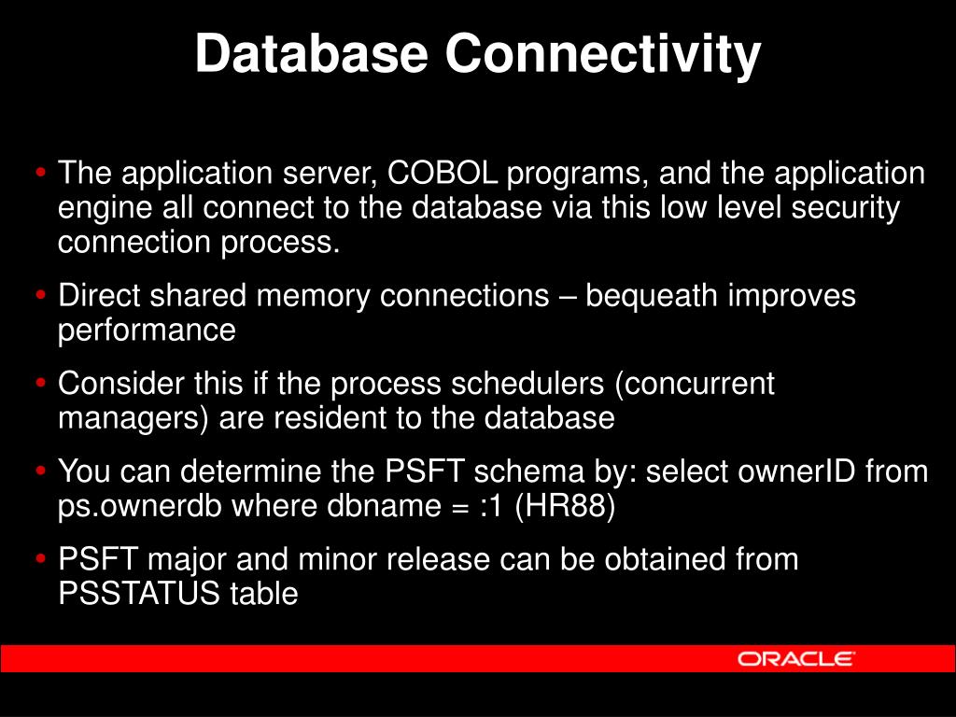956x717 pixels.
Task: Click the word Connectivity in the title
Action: point(603,55)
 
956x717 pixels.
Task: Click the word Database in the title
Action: point(312,53)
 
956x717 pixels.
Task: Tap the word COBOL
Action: point(443,173)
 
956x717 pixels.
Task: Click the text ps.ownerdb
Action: point(140,506)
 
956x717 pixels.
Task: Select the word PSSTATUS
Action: point(139,593)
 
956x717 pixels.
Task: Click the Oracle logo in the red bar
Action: point(795,658)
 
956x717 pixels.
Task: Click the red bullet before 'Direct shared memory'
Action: point(41,296)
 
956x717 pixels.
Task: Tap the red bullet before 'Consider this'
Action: point(41,384)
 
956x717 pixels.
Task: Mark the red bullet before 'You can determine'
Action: point(41,471)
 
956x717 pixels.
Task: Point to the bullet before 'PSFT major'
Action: point(41,559)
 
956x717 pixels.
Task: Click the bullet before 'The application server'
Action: point(41,173)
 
